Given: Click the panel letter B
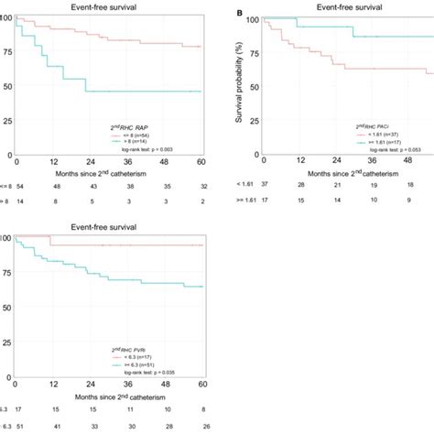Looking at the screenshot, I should [239, 15].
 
